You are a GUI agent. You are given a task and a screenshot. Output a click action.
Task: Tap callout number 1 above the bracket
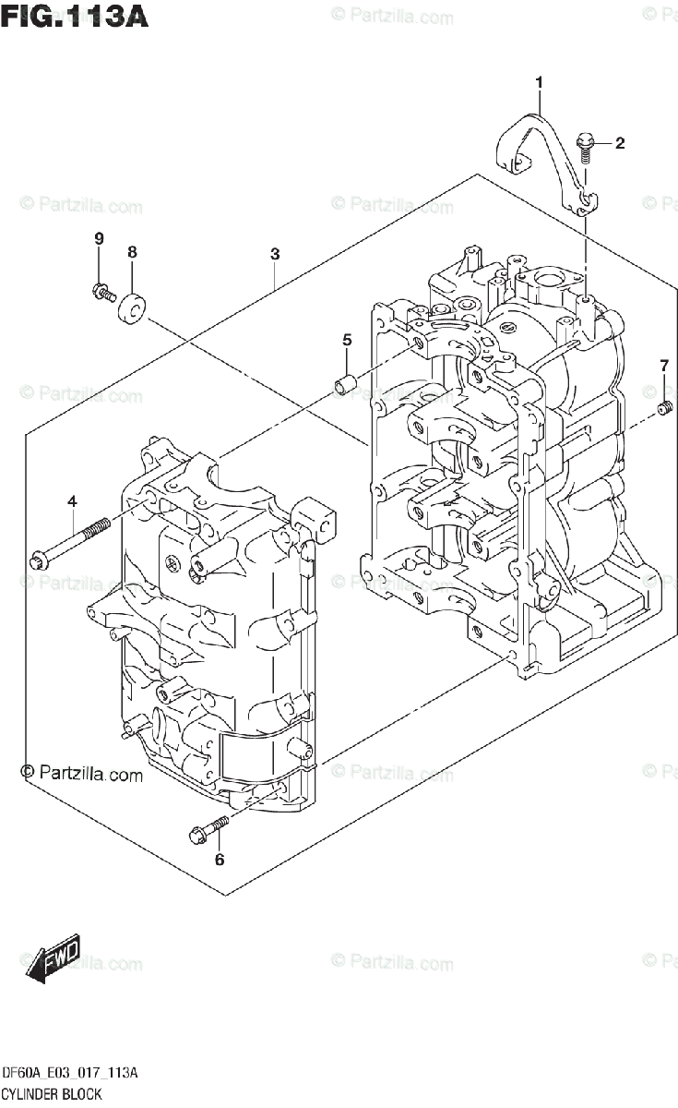[539, 84]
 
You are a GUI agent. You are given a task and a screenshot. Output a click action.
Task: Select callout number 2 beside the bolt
[619, 142]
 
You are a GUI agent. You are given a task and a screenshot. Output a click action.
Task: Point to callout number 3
[275, 253]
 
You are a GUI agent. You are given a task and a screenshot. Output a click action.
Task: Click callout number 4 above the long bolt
[71, 501]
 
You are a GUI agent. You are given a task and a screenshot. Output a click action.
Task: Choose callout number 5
[347, 340]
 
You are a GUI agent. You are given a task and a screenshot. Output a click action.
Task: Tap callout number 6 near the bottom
[220, 861]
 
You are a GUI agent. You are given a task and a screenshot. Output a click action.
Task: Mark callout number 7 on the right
[663, 367]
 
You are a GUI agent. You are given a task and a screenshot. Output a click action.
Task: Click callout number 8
[132, 251]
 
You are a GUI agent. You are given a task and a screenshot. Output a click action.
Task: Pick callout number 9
[99, 239]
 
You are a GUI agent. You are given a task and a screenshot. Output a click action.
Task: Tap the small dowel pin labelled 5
[345, 382]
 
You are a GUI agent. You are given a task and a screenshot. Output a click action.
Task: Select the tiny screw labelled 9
[103, 293]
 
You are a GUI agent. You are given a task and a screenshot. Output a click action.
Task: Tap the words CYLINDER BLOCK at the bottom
[53, 1093]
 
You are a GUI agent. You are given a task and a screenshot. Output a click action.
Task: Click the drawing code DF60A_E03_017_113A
[71, 1072]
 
